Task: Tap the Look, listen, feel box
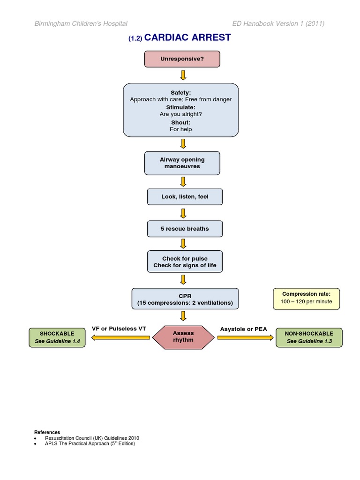click(x=185, y=197)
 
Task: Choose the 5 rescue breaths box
click(x=185, y=229)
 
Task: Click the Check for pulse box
click(x=185, y=262)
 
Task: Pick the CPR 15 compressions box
click(x=185, y=299)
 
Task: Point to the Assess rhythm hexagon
click(x=183, y=337)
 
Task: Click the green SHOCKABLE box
click(x=58, y=337)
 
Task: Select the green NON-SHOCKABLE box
click(x=309, y=337)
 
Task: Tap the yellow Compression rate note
click(x=307, y=298)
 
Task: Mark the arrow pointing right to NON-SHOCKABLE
click(x=246, y=337)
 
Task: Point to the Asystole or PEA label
click(x=244, y=329)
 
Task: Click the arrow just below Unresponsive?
click(x=183, y=75)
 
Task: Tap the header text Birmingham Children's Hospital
click(x=81, y=24)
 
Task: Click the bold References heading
click(x=47, y=432)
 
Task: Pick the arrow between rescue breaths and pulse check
click(x=183, y=243)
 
